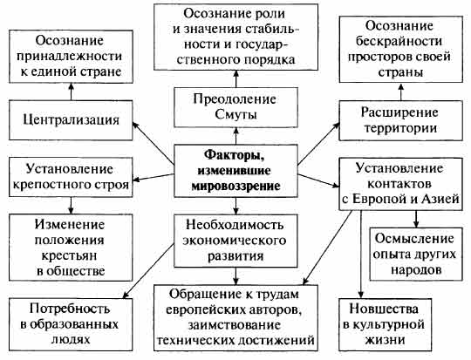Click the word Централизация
click(72, 120)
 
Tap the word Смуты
click(235, 114)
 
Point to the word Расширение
click(399, 113)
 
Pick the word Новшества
click(384, 309)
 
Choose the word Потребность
click(70, 309)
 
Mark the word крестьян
click(70, 255)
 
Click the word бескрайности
click(399, 41)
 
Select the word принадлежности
click(70, 56)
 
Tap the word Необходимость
click(235, 225)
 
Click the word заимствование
click(235, 325)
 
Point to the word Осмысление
click(414, 238)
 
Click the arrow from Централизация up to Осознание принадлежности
click(71, 92)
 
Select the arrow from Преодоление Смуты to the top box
click(235, 78)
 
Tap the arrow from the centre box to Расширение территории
click(318, 144)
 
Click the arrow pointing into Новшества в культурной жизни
click(361, 254)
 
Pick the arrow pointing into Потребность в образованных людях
click(148, 271)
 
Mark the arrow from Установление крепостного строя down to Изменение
click(71, 206)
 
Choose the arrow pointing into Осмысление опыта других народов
click(416, 219)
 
